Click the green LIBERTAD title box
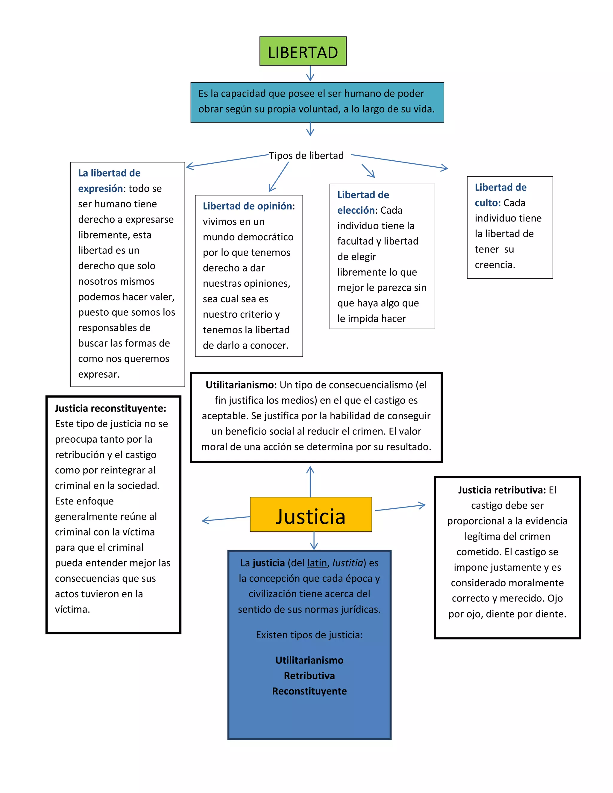(x=303, y=51)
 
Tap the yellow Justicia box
(x=310, y=514)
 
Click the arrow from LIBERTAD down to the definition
(x=310, y=73)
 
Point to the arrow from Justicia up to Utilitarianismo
(x=310, y=481)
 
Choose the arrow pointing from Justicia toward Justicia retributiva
(x=400, y=508)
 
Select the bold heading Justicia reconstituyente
(x=110, y=408)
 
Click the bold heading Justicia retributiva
(x=502, y=490)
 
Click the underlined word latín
(x=317, y=563)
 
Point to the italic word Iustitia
(x=348, y=563)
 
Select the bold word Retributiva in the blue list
(x=309, y=676)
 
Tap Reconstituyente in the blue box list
(x=309, y=691)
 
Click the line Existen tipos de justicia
(x=309, y=635)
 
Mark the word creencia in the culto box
(x=494, y=265)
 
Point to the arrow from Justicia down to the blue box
(x=314, y=541)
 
